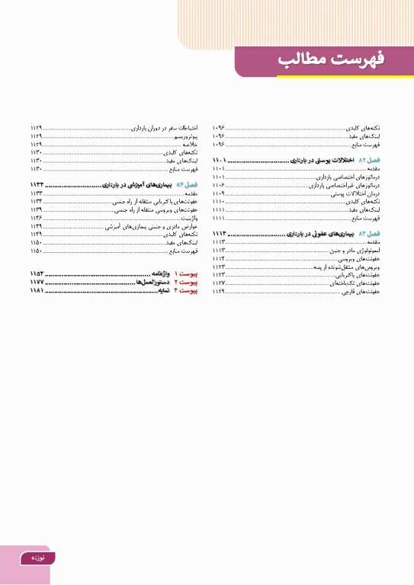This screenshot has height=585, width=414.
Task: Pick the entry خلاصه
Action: [191, 143]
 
